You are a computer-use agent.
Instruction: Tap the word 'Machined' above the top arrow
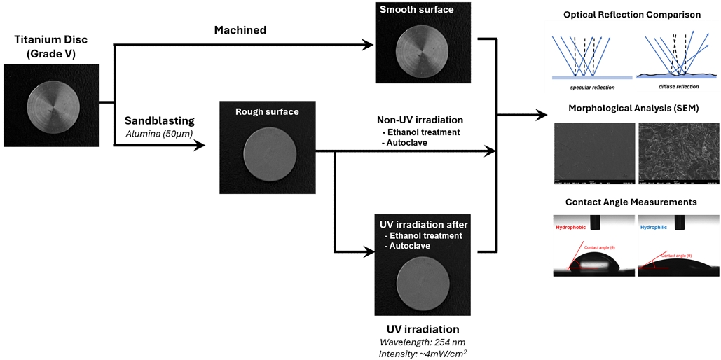tap(241, 30)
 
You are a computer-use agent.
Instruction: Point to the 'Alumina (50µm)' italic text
tap(159, 132)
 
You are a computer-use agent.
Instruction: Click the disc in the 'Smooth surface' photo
tap(422, 50)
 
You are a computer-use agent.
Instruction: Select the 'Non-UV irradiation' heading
tap(420, 120)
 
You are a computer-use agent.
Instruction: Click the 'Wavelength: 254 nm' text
tap(423, 342)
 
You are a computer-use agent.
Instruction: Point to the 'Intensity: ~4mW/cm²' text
tap(423, 353)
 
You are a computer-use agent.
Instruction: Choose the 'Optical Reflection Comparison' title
tap(631, 15)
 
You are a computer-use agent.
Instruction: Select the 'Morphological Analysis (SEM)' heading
tap(631, 108)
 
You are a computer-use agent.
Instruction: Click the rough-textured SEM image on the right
tap(678, 153)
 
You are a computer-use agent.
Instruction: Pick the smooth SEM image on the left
tap(593, 153)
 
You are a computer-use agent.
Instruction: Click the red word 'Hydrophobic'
tap(573, 228)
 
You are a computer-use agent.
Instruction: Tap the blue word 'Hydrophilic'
tap(655, 228)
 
